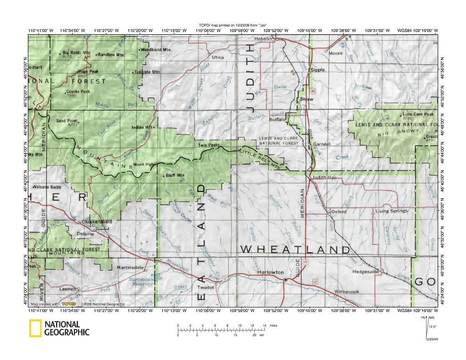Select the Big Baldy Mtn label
point(77,53)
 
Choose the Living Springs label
point(391,212)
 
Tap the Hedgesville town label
point(366,271)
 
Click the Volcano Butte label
point(48,187)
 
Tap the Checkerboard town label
point(96,222)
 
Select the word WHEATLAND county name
point(295,249)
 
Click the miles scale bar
point(221,328)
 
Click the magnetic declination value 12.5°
point(433,326)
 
